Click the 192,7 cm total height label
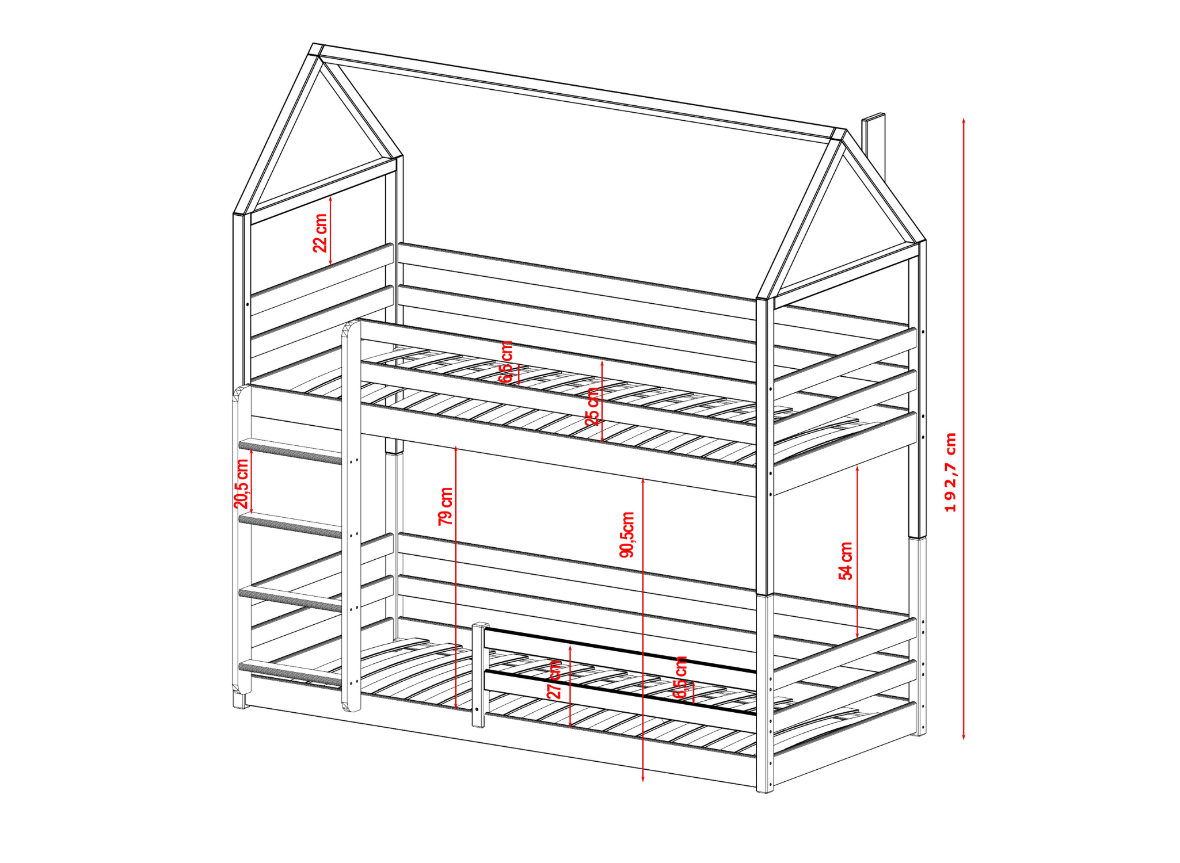tap(950, 472)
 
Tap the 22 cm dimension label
tap(320, 233)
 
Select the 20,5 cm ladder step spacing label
tap(241, 484)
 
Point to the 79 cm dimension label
tap(446, 506)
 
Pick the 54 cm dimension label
tap(846, 561)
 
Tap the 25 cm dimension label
tap(592, 406)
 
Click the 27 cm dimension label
tap(554, 679)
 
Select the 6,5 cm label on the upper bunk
tap(506, 362)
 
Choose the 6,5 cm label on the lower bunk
tap(681, 678)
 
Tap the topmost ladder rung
tap(291, 450)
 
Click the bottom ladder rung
tap(291, 672)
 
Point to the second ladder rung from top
tap(291, 525)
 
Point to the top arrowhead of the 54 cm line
tap(858, 469)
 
